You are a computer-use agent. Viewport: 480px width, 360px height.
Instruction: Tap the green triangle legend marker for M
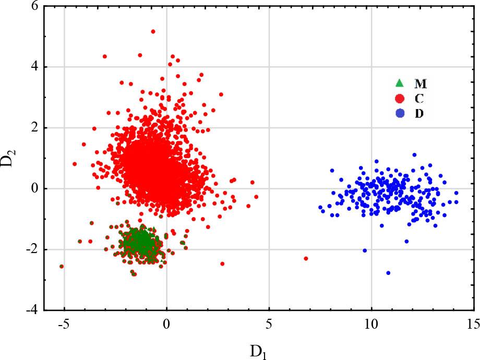[399, 83]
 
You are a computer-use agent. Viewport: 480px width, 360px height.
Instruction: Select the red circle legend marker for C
[399, 98]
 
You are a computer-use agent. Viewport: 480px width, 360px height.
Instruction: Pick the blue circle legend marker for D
[399, 113]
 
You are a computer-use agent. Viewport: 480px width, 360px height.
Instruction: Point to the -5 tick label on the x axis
[64, 324]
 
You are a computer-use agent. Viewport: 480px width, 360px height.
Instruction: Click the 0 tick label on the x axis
[166, 324]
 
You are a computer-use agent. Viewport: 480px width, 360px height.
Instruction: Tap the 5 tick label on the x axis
[269, 324]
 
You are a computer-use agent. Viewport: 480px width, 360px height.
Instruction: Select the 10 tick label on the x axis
[371, 324]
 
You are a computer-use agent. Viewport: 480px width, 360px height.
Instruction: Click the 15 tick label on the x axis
[473, 324]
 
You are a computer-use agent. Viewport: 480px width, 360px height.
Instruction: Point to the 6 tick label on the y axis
[34, 6]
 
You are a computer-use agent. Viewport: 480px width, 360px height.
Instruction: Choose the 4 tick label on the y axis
[34, 67]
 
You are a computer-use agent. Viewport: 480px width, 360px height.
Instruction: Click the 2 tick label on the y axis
[34, 128]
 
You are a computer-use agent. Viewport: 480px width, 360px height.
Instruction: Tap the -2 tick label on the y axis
[32, 249]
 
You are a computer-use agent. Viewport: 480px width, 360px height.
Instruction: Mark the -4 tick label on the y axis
[32, 310]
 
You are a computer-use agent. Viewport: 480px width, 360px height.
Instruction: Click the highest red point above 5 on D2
[153, 31]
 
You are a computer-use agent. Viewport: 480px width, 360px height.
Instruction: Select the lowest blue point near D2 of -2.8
[388, 273]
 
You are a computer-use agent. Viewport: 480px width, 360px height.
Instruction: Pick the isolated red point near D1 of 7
[306, 258]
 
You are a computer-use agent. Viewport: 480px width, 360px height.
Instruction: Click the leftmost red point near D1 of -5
[62, 266]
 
